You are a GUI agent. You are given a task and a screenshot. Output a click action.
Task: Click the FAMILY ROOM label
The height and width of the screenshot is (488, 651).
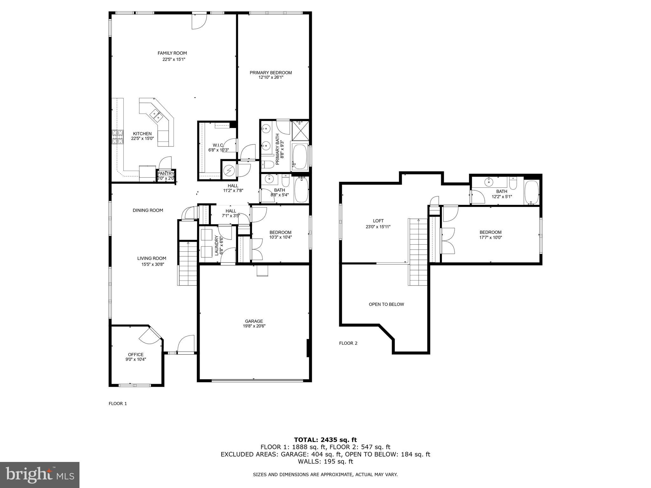(x=172, y=53)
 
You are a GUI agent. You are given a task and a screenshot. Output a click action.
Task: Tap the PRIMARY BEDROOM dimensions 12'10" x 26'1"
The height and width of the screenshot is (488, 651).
(x=271, y=77)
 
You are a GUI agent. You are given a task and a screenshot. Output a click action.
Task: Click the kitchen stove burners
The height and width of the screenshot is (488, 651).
(x=117, y=138)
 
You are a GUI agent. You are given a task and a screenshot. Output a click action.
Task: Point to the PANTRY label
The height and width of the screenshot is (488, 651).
(x=166, y=173)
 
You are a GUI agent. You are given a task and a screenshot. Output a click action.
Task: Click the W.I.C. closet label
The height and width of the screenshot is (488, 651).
(x=218, y=145)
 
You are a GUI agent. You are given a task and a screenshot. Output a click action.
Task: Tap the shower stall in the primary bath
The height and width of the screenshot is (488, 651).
(x=300, y=130)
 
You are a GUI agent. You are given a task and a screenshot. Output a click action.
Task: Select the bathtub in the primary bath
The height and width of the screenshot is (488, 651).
(x=299, y=157)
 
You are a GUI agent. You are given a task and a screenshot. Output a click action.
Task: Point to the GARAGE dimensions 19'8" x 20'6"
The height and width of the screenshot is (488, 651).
(x=254, y=326)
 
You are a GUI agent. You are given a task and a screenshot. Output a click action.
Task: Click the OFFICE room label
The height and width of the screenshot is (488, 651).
(x=136, y=355)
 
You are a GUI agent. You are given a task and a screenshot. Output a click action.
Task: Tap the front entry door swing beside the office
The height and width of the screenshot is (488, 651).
(x=186, y=344)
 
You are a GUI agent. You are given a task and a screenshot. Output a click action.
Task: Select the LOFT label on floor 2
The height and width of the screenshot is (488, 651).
(x=378, y=221)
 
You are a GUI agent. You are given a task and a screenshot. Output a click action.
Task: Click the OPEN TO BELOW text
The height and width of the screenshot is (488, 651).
(x=386, y=304)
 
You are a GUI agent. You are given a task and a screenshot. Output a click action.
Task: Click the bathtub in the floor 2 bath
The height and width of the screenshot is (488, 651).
(x=531, y=192)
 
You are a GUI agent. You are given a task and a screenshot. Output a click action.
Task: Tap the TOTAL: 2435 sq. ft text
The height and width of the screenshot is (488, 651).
(x=325, y=440)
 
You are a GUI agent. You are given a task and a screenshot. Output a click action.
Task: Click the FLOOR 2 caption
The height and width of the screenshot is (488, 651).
(x=348, y=343)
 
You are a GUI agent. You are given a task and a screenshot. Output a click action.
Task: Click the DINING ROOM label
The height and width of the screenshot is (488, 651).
(x=148, y=210)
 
